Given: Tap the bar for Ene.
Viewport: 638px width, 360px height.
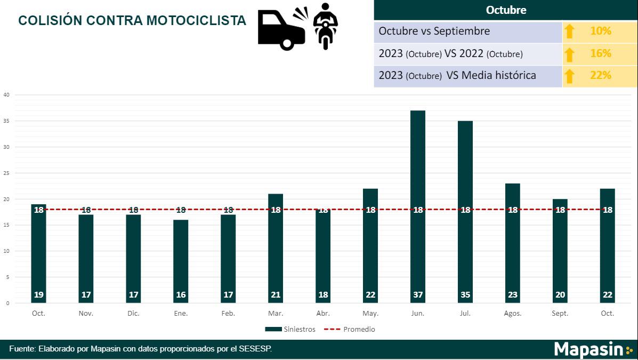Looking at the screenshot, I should click(x=181, y=261).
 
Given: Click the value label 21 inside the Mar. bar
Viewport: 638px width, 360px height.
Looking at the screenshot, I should click(x=276, y=295).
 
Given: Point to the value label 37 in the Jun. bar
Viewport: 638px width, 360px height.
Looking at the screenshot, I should click(x=418, y=295).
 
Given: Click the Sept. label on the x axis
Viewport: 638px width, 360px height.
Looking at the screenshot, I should click(x=560, y=314).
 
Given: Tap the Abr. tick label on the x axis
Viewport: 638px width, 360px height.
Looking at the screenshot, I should click(x=323, y=314).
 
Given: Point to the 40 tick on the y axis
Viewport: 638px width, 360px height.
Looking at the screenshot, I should click(x=6, y=95).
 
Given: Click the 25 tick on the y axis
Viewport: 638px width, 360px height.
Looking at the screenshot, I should click(x=6, y=173).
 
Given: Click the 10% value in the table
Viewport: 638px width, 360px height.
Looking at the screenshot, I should click(x=601, y=31).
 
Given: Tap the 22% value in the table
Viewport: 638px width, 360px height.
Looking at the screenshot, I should click(x=601, y=76).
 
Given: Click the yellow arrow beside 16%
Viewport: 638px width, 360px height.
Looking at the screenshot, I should click(x=570, y=54).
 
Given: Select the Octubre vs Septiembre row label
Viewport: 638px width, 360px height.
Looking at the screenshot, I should click(x=434, y=31).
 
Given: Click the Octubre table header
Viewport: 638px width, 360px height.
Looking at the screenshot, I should click(x=506, y=10).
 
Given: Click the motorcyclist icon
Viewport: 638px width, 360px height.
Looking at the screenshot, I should click(x=325, y=26).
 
